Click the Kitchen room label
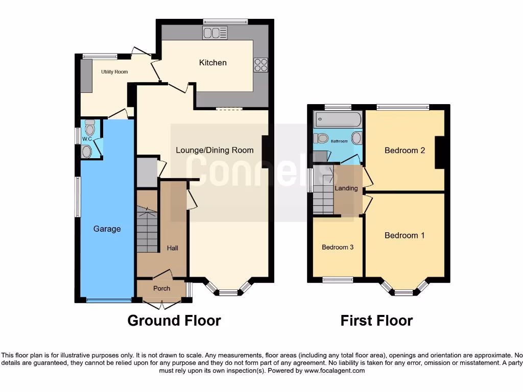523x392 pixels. click(212, 63)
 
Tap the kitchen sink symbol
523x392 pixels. click(215, 33)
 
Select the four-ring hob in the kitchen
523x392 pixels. click(260, 65)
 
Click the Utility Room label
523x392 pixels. click(114, 72)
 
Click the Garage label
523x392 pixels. click(107, 229)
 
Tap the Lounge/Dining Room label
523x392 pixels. click(215, 150)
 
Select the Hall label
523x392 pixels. click(173, 248)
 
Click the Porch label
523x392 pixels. click(162, 288)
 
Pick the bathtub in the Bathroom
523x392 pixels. click(338, 120)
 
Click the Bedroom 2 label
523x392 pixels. click(405, 151)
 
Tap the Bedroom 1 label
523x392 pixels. click(405, 235)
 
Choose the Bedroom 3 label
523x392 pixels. click(338, 248)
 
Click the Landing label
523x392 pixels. click(346, 188)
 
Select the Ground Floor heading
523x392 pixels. click(174, 321)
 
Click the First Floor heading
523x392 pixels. click(376, 321)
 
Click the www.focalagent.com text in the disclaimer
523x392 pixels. click(334, 371)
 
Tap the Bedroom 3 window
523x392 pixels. click(338, 280)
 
